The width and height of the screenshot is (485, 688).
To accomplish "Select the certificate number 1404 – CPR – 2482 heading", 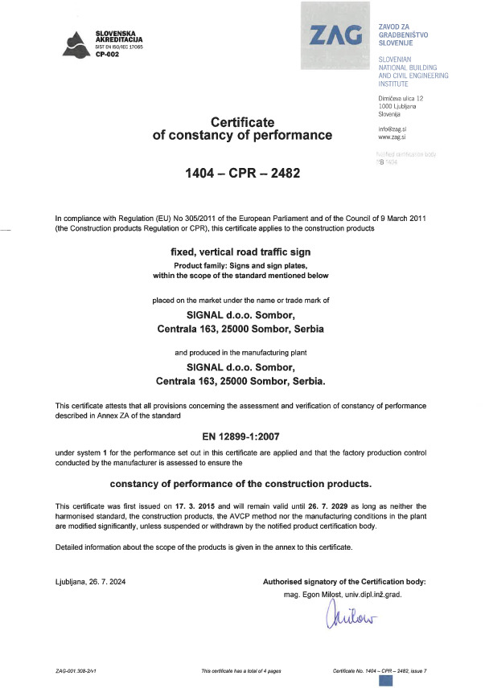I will (x=242, y=173).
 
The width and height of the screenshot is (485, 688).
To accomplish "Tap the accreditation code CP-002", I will (x=107, y=55).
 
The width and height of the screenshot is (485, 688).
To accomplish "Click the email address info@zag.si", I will (x=393, y=129).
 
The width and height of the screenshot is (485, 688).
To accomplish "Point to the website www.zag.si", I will (x=391, y=137).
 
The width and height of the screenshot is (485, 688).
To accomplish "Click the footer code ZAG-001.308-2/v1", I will (x=77, y=670).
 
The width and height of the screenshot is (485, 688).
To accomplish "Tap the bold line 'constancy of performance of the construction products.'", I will (x=242, y=484).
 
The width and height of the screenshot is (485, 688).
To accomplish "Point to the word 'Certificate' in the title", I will (x=242, y=121).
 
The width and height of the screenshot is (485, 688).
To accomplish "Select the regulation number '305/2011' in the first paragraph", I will (x=196, y=219).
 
